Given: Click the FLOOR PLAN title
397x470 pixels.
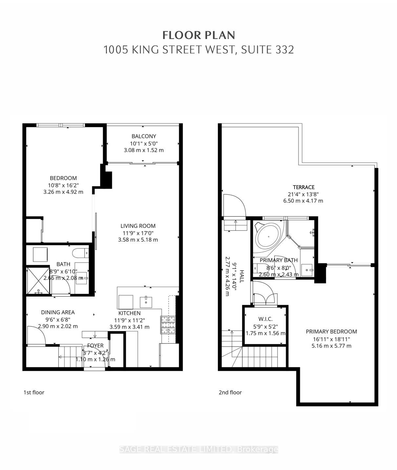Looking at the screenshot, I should tap(199, 35).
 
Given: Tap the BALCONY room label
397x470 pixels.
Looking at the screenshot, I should tap(144, 136).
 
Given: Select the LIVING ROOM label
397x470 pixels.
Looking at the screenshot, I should tap(138, 226).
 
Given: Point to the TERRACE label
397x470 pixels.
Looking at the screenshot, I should tap(303, 187).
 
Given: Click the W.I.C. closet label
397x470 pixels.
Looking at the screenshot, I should tap(265, 319).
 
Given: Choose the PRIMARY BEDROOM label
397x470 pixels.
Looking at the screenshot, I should tap(331, 331).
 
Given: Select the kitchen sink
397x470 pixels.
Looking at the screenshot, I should tap(146, 302).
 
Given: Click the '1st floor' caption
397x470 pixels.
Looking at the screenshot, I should tap(34, 392).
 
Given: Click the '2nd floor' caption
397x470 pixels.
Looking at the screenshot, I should tap(230, 392).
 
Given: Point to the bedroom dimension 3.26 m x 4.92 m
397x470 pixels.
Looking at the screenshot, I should tap(63, 192).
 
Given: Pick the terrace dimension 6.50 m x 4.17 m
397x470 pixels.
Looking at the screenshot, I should tap(303, 201).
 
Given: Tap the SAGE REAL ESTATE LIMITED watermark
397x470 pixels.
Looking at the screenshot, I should tap(199, 449).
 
